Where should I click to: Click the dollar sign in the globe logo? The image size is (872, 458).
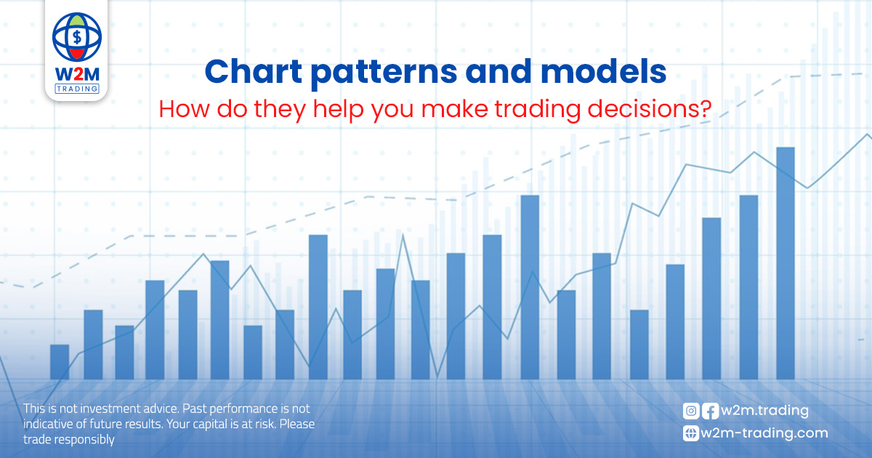77,37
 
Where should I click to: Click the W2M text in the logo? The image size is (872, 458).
77,74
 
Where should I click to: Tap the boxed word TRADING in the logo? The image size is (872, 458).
77,89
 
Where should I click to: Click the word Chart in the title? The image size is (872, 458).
254,72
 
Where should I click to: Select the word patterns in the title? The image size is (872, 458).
384,74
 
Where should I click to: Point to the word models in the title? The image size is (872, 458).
603,72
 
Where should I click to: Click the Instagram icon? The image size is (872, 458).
691,411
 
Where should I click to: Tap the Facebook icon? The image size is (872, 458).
710,411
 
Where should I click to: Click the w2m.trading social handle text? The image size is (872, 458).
764,411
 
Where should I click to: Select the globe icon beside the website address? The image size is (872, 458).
691,433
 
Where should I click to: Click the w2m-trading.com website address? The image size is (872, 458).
764,433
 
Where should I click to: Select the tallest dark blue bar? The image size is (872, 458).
786,263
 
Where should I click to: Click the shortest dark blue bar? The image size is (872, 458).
60,362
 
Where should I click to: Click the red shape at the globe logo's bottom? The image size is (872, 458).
77,53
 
